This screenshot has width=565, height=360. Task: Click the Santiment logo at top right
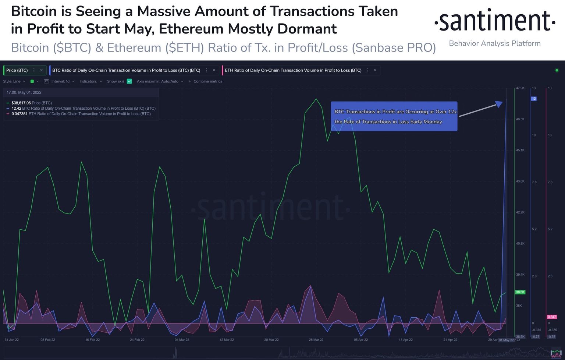click(494, 21)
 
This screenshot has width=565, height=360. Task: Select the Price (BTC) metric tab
click(17, 70)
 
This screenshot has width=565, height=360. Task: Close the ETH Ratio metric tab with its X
click(375, 70)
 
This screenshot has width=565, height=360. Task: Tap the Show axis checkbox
click(129, 81)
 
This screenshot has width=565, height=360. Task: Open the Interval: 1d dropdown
click(60, 81)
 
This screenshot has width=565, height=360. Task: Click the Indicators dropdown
click(90, 81)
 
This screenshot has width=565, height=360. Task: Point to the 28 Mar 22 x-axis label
click(316, 340)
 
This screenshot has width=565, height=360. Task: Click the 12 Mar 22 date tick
click(227, 340)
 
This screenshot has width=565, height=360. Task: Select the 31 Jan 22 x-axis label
click(11, 340)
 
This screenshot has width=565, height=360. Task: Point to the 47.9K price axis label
click(520, 88)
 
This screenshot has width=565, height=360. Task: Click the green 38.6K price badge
click(520, 292)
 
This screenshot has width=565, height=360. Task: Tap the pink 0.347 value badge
click(551, 317)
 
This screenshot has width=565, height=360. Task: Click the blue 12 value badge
click(534, 99)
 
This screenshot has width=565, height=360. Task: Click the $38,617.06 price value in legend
click(21, 103)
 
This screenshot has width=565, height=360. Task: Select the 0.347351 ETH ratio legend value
click(19, 114)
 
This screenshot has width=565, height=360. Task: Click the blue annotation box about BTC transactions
click(394, 116)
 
